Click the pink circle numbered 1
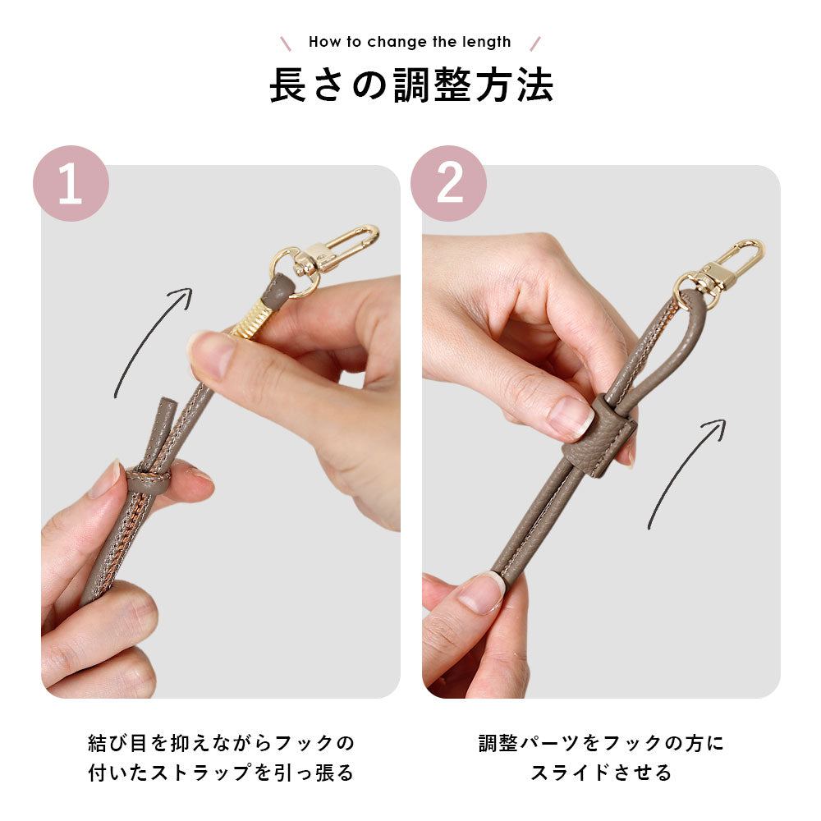(71, 183)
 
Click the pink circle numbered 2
(449, 183)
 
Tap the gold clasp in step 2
(722, 274)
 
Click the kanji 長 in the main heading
(288, 85)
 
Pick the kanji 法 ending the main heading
(535, 85)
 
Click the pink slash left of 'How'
(286, 44)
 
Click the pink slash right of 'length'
(535, 44)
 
